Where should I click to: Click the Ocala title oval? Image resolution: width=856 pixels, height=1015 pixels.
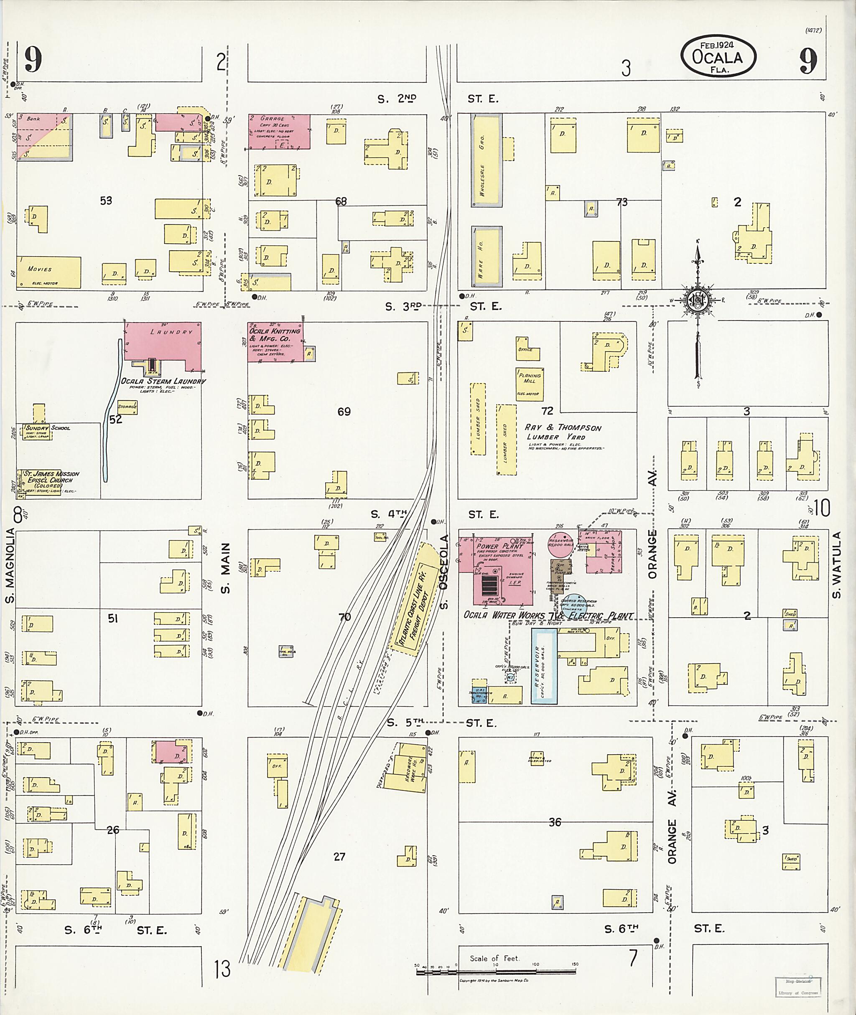tap(718, 57)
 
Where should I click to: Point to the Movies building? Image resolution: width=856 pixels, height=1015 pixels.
tap(48, 272)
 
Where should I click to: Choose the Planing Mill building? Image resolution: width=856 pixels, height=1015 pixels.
tap(530, 383)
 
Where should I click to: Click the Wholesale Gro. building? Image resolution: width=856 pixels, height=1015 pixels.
tap(486, 160)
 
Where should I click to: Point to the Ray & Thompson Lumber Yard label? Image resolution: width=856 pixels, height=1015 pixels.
tap(563, 432)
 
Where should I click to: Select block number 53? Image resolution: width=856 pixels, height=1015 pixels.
tap(106, 201)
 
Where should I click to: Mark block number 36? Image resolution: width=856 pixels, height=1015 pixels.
tap(555, 822)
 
